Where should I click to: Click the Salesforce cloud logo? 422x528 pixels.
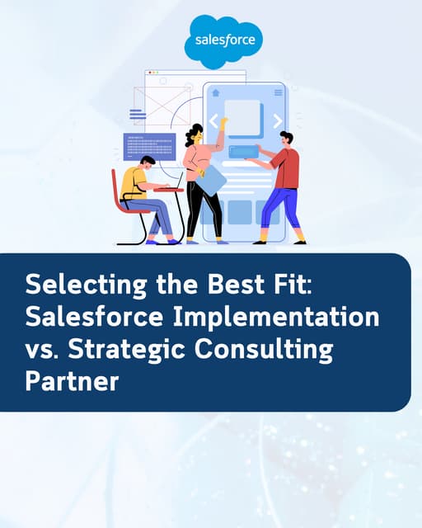(x=223, y=41)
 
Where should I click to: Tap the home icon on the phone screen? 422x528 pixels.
(x=216, y=93)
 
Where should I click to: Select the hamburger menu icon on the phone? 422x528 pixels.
(x=278, y=93)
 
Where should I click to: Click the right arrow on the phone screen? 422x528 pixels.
(x=277, y=121)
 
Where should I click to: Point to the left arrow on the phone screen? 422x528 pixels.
(x=213, y=121)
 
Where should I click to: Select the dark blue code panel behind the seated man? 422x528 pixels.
(x=149, y=145)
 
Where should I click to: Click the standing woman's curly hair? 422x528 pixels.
(x=195, y=133)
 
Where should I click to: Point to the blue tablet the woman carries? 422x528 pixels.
(x=209, y=179)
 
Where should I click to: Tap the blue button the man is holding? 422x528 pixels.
(x=243, y=152)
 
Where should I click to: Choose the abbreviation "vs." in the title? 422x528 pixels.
(x=42, y=350)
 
